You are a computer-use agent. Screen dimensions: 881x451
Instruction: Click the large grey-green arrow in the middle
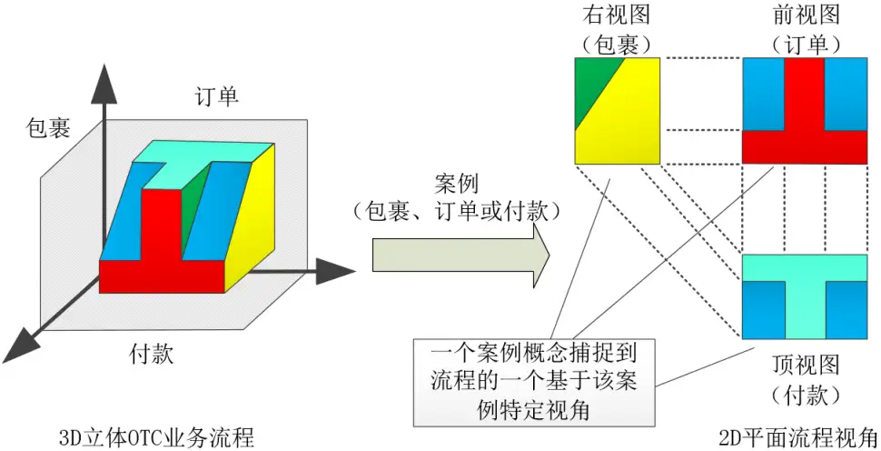(460, 256)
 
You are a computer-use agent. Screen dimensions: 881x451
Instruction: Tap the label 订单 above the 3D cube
(217, 96)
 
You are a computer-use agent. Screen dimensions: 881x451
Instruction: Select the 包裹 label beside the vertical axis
(48, 128)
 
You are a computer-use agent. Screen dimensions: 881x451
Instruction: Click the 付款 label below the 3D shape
(151, 355)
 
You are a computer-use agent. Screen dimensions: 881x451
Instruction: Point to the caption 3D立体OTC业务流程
(155, 437)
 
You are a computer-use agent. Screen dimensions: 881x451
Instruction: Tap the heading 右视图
(617, 15)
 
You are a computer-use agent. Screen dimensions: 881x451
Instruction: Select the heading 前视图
(807, 15)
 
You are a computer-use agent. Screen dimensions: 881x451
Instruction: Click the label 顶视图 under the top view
(807, 366)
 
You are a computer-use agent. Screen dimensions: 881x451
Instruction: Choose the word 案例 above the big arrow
(456, 184)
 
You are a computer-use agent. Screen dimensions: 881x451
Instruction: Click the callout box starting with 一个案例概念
(534, 382)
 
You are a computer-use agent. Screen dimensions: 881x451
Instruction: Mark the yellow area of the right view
(624, 118)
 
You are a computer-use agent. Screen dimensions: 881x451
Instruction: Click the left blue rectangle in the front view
(764, 95)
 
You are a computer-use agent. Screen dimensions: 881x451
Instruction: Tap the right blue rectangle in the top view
(846, 310)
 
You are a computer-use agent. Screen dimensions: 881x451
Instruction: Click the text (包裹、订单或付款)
(456, 212)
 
